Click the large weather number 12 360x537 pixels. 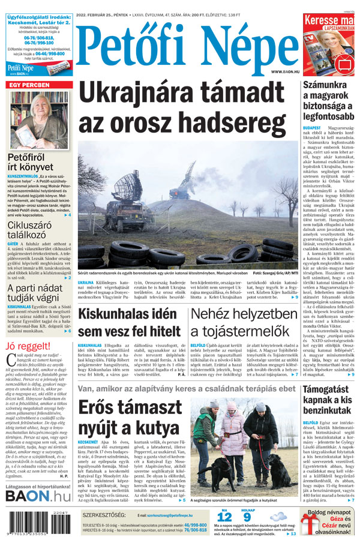224,517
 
